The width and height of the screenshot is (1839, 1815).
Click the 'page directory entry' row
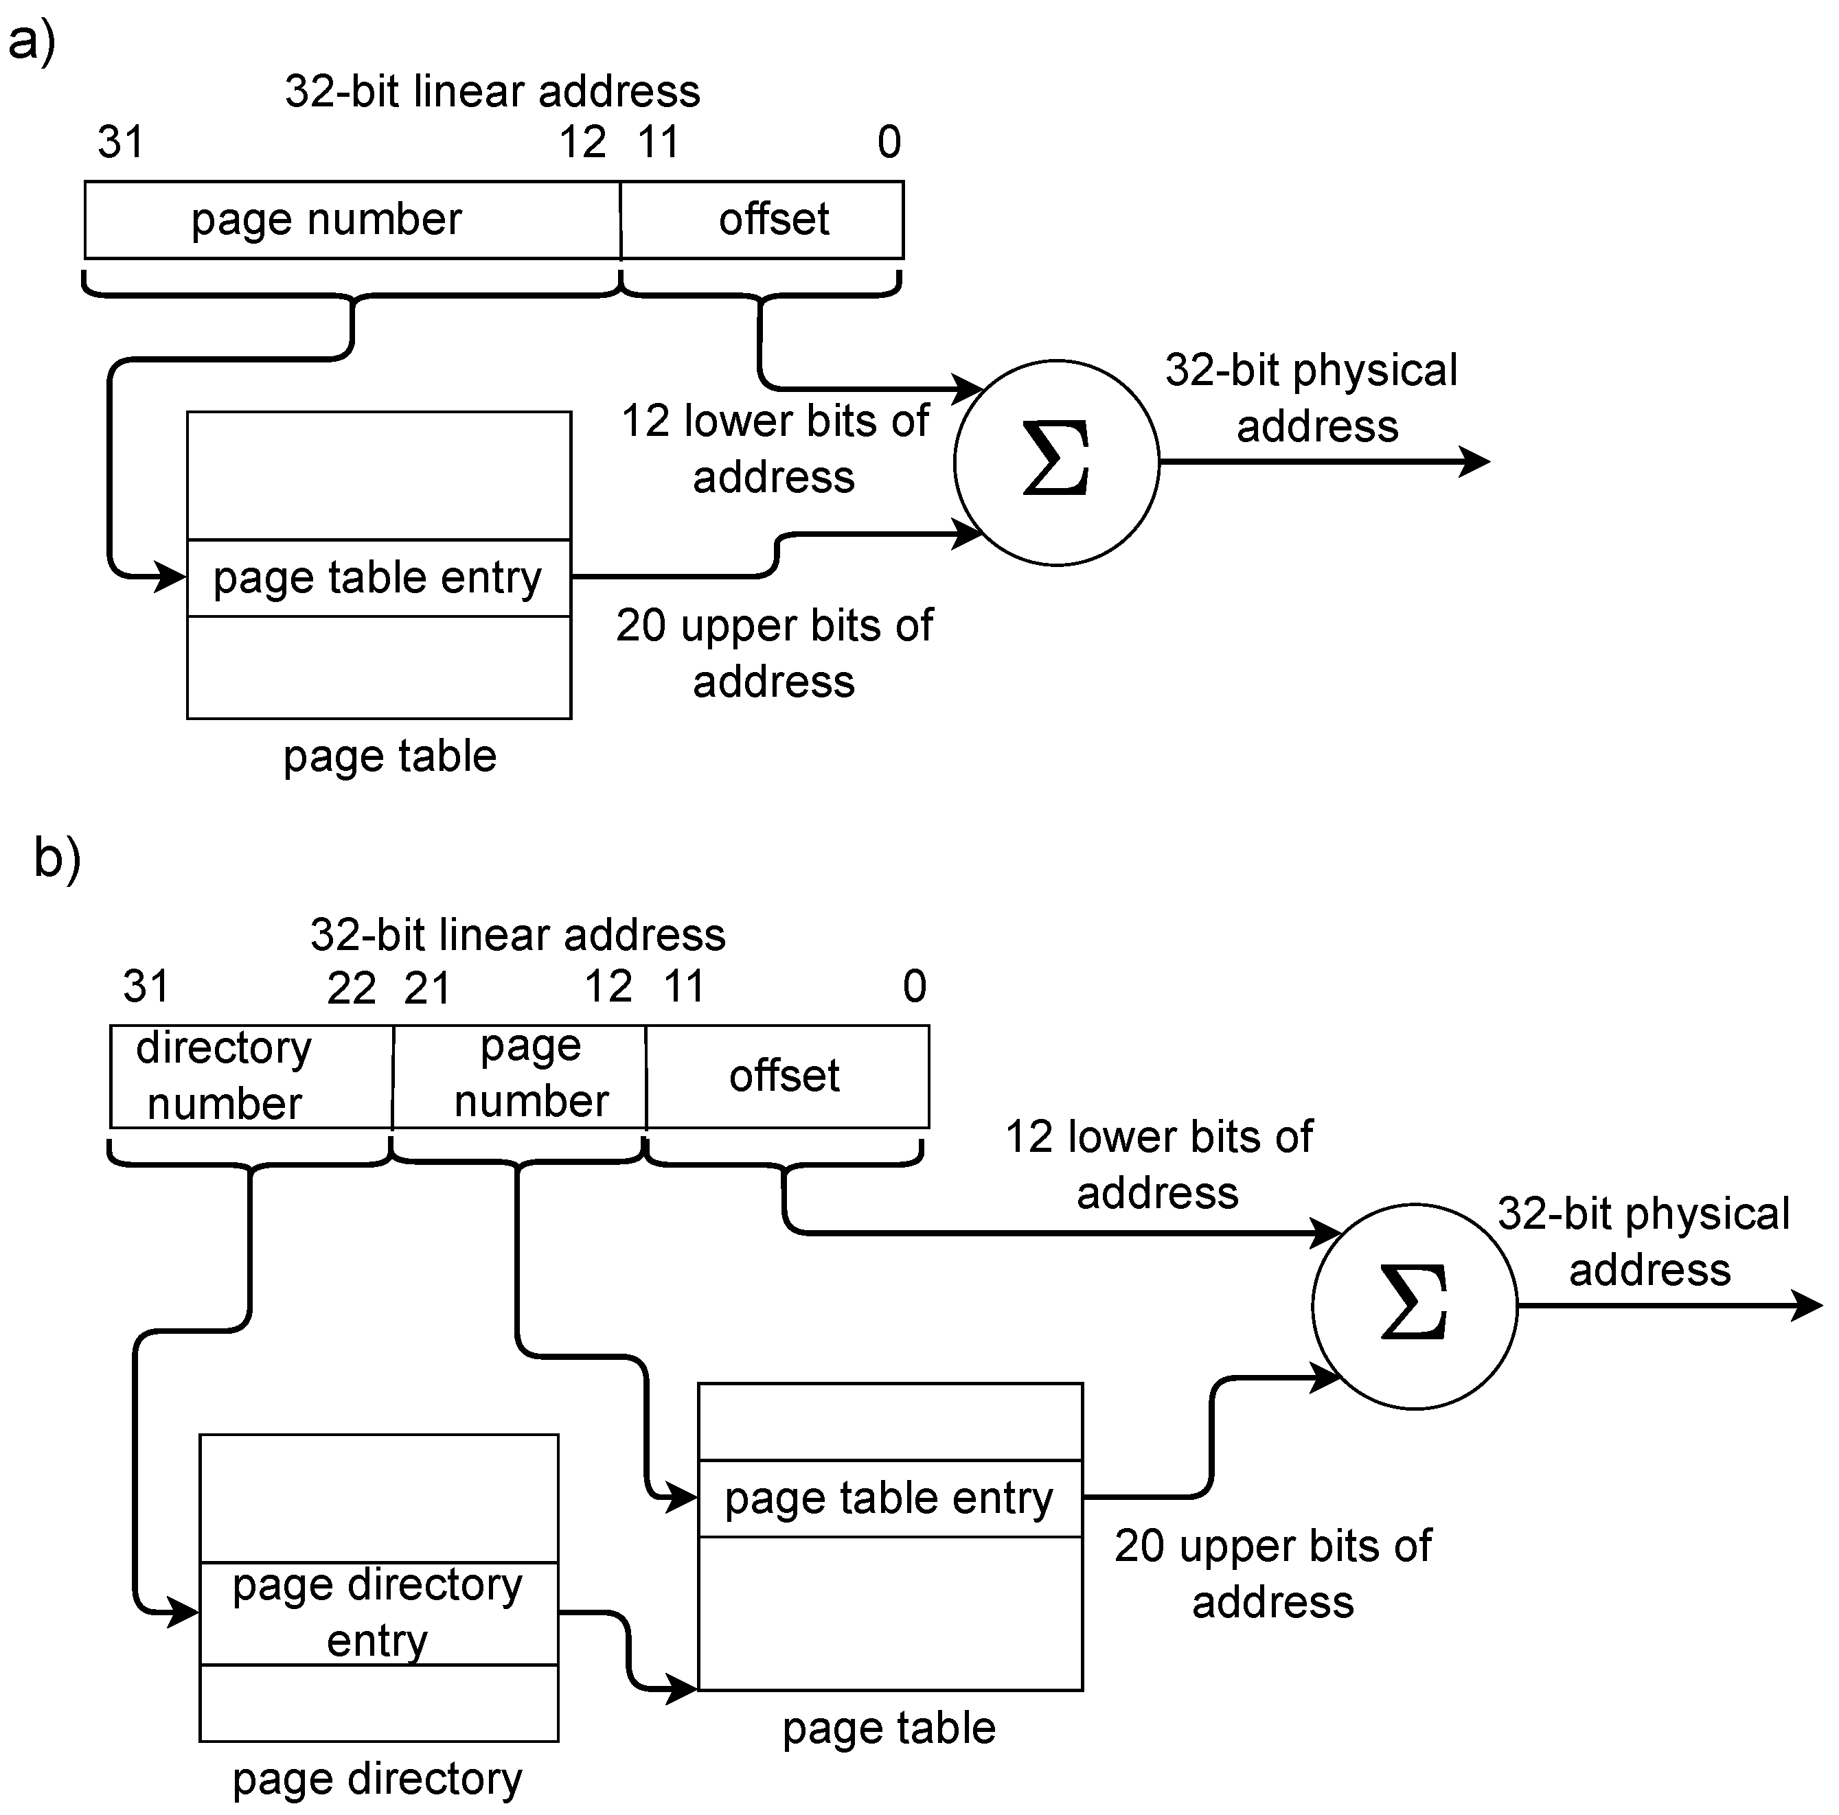[x=378, y=1612]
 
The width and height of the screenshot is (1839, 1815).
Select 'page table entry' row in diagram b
[x=889, y=1498]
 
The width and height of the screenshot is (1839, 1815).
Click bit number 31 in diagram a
[x=121, y=143]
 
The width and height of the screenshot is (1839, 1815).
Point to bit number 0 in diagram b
[x=914, y=987]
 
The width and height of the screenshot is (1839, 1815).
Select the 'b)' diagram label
[x=57, y=857]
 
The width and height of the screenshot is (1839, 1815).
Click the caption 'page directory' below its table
[x=378, y=1778]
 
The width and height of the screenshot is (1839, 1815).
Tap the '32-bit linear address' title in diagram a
[x=492, y=91]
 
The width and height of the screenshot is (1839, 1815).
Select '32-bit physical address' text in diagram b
[x=1645, y=1241]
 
